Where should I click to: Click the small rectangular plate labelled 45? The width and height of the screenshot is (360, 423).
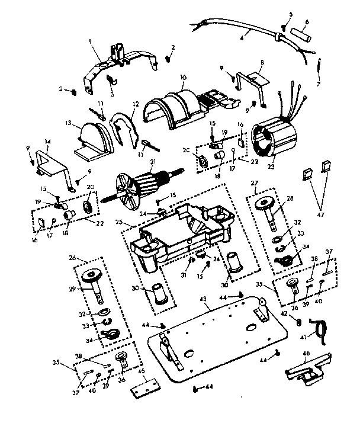146,389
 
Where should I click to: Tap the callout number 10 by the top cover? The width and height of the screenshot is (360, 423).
183,77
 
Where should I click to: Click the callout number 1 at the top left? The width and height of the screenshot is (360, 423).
90,42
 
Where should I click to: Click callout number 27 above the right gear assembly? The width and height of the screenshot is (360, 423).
256,183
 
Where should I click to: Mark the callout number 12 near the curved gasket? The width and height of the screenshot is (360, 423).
136,104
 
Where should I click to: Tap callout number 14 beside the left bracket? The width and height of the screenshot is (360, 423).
47,142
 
